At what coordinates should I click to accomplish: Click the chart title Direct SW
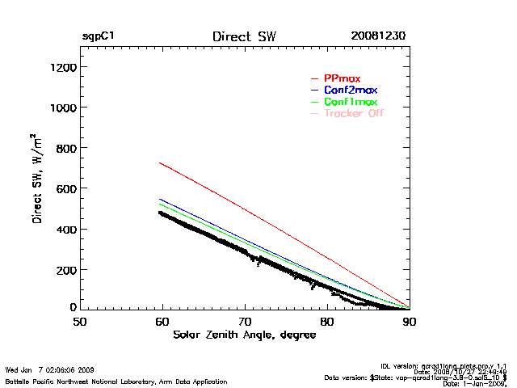244,37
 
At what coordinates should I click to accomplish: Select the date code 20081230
378,37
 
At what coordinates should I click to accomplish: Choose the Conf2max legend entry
350,90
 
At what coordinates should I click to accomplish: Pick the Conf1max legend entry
350,102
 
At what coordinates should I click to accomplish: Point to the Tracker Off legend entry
353,114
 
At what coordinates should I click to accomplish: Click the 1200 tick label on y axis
61,68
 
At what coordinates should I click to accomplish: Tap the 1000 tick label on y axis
61,108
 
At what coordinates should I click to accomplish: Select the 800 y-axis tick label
65,148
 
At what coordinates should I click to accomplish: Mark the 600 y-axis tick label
65,188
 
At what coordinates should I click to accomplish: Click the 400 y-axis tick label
65,229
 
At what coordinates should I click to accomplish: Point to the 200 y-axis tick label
65,269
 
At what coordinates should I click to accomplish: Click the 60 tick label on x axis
162,321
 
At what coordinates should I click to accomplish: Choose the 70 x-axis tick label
245,321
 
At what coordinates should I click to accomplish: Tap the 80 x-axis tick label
327,321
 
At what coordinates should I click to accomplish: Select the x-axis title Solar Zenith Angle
244,335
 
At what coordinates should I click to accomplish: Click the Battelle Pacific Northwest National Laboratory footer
116,381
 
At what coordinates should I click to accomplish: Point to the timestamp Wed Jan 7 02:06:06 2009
49,369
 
